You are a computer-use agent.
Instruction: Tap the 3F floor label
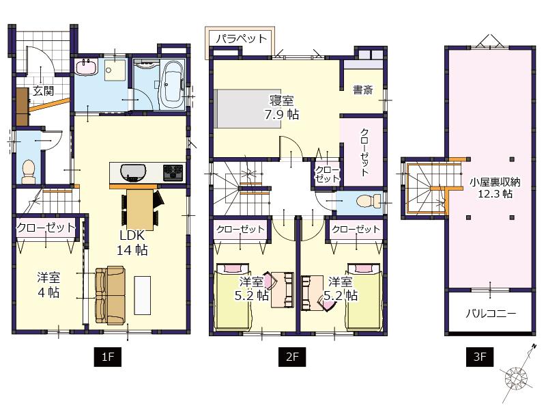[480, 355]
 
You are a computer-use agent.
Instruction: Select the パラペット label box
[241, 39]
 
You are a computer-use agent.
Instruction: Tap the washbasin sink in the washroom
[87, 68]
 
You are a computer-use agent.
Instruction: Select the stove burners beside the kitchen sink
[172, 172]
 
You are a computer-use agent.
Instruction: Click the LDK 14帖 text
[131, 243]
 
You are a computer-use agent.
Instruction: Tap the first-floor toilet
[29, 169]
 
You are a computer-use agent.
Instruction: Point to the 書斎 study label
[362, 90]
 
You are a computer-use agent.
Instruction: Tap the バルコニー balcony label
[490, 314]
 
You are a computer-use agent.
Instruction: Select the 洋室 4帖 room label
[48, 284]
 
